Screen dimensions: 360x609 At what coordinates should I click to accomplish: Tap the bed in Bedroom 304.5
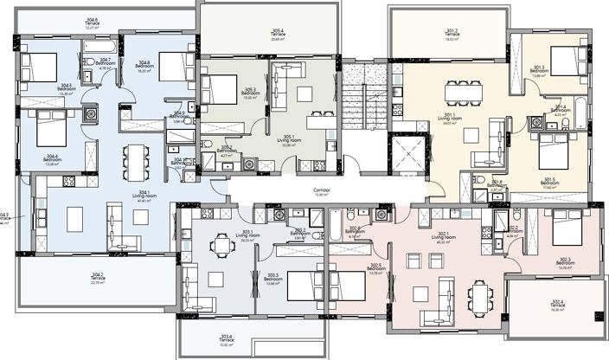pos(39,65)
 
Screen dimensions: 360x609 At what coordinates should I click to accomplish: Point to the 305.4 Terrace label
pos(276,35)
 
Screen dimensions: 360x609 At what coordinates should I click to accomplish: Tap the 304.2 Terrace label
pos(97,278)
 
